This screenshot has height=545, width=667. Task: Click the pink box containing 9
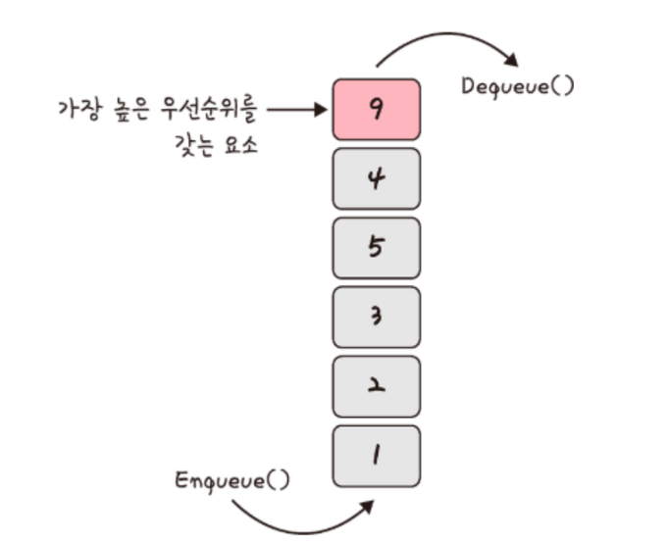click(377, 109)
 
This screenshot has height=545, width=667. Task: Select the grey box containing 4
click(377, 178)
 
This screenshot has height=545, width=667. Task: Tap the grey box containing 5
click(377, 247)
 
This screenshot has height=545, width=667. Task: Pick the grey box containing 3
click(377, 317)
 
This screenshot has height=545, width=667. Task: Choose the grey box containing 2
click(377, 386)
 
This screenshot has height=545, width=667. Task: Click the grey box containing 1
click(377, 456)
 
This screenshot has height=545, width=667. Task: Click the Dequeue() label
click(518, 85)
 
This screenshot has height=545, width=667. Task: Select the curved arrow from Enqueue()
click(294, 517)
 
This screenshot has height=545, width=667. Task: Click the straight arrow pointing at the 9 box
click(294, 110)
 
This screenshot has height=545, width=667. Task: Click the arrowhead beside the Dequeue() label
click(511, 61)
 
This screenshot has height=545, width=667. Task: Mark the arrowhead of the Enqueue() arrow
click(367, 505)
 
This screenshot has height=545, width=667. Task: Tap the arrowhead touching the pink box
click(320, 110)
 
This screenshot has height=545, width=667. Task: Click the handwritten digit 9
click(377, 109)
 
